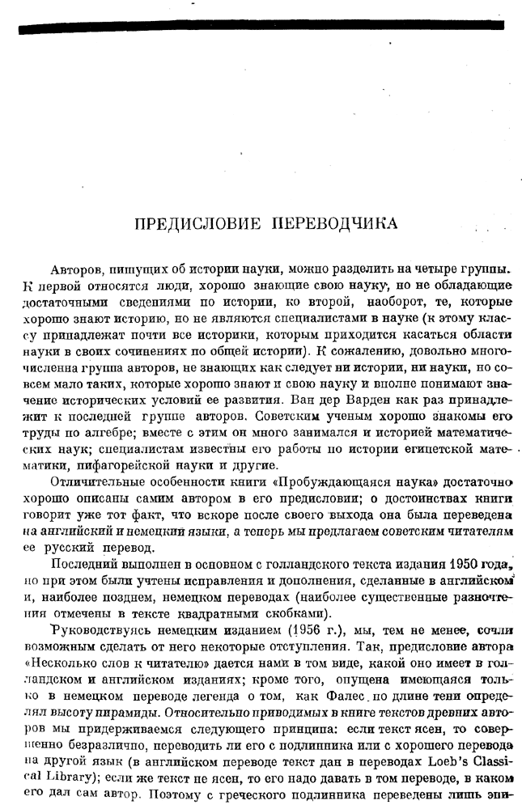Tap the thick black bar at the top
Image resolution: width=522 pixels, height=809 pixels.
[261, 27]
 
